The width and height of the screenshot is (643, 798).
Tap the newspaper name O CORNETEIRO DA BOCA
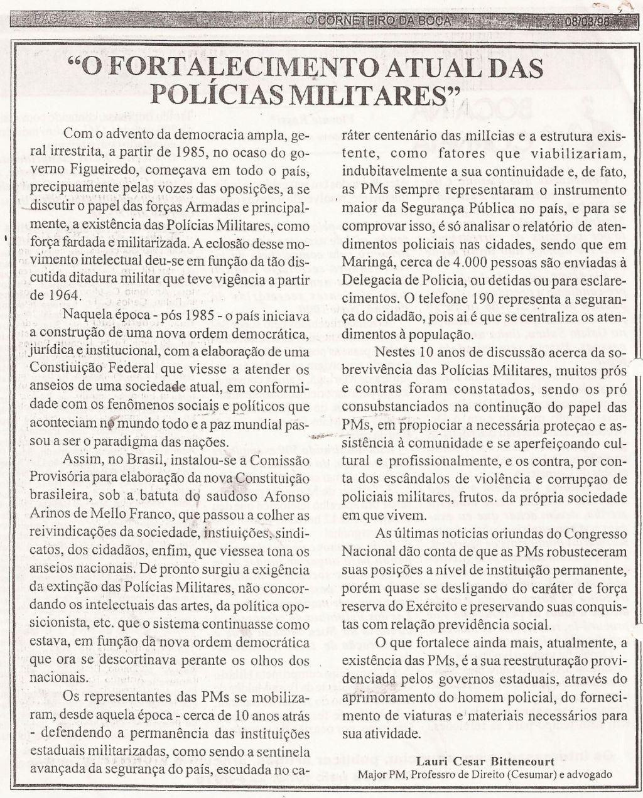(x=378, y=20)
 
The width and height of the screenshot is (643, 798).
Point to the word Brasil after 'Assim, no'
(x=137, y=459)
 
